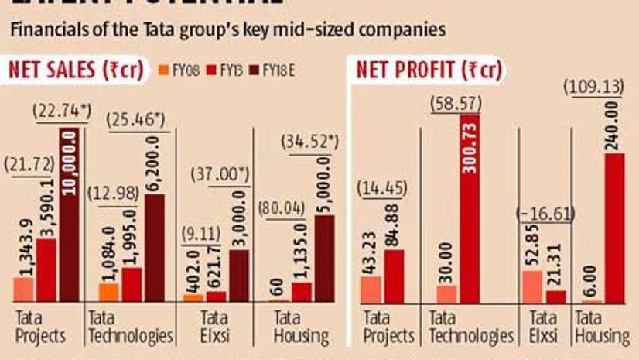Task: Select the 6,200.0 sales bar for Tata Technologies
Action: pos(154,248)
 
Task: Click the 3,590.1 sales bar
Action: pos(46,270)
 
